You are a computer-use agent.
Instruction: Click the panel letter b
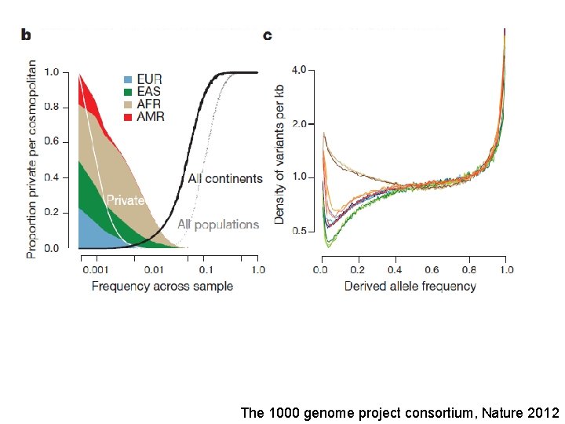click(x=26, y=35)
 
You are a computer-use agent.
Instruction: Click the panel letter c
click(x=268, y=35)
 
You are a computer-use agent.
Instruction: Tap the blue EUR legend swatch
click(x=127, y=79)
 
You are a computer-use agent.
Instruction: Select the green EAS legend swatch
click(x=127, y=92)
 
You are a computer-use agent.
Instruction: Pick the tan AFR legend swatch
click(x=127, y=104)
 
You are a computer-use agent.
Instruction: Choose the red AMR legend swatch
click(x=127, y=117)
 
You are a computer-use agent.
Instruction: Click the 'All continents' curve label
click(x=225, y=179)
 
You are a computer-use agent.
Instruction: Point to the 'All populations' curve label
click(x=217, y=225)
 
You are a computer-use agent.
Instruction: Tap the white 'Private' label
click(x=126, y=200)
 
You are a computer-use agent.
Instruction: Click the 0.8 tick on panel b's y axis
click(x=51, y=107)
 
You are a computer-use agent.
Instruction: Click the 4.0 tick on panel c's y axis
click(x=299, y=71)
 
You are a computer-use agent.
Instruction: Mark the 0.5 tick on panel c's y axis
click(x=299, y=230)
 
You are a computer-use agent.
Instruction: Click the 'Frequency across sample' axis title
click(x=162, y=286)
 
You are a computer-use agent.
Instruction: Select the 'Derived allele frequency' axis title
click(x=410, y=286)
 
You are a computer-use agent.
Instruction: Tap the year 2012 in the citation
click(x=543, y=412)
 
